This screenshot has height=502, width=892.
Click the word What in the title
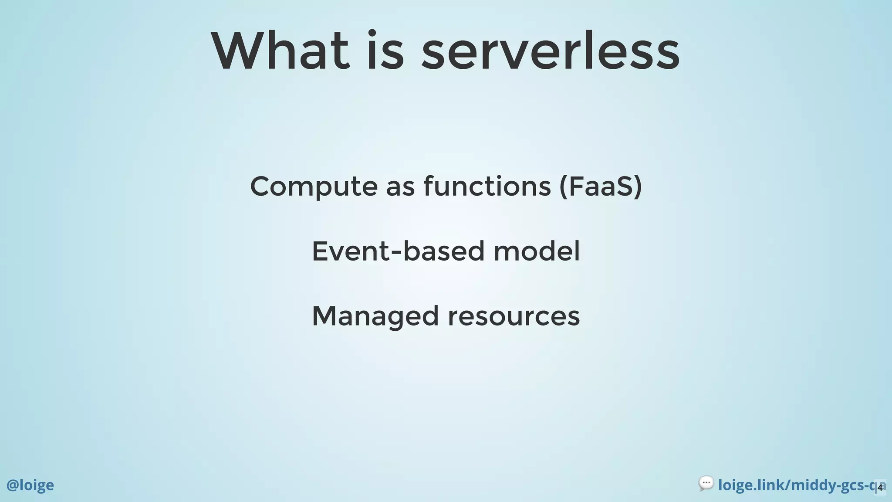(280, 51)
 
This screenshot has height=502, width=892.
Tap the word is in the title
(385, 51)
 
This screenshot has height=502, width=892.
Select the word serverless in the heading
(550, 51)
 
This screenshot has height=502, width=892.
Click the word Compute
(314, 187)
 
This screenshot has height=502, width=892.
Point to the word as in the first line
(400, 187)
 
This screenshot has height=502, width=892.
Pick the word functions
(487, 187)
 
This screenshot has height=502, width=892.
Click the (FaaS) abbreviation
(600, 187)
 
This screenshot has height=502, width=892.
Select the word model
(537, 251)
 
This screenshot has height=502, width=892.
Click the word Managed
(375, 317)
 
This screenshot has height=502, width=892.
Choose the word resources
(514, 317)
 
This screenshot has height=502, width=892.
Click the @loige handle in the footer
(30, 485)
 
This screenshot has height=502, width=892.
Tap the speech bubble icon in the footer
(706, 483)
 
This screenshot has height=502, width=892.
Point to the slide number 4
(880, 488)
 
